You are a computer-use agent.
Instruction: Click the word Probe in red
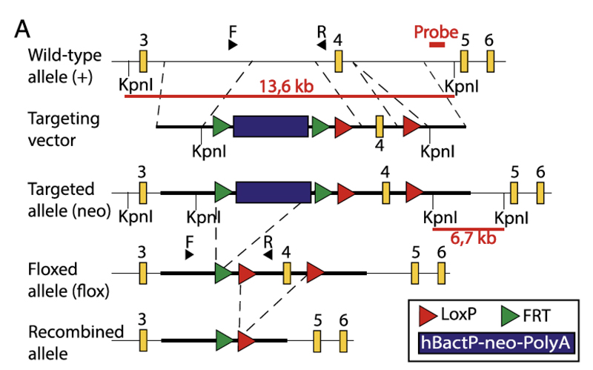pos(436,32)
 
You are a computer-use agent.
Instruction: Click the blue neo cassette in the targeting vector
pos(271,126)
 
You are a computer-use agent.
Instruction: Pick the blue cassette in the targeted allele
pos(273,192)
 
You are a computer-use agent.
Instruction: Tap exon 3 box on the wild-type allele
pos(143,61)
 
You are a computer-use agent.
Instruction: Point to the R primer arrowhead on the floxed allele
pos(268,254)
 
